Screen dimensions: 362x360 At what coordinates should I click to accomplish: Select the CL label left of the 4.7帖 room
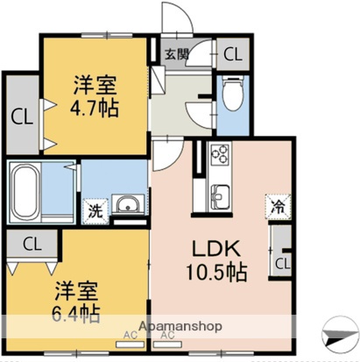coord(22,115)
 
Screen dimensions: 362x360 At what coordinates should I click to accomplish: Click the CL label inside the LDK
coord(283,262)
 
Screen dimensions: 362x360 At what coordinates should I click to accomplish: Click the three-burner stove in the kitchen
coord(218,159)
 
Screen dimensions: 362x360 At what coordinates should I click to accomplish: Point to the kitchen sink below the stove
coord(218,195)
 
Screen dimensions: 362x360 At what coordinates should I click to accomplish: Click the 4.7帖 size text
coord(95,110)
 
